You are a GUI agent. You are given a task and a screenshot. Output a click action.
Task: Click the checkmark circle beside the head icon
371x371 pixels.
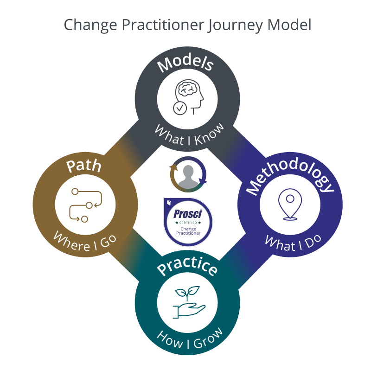(179, 108)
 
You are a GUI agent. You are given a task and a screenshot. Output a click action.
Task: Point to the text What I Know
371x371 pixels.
(189, 135)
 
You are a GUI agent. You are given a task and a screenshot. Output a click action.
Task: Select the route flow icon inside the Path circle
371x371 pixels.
(85, 205)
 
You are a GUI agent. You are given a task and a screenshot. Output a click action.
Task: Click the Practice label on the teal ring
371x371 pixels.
(187, 269)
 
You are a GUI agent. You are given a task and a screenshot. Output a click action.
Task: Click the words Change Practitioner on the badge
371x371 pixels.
(188, 231)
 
